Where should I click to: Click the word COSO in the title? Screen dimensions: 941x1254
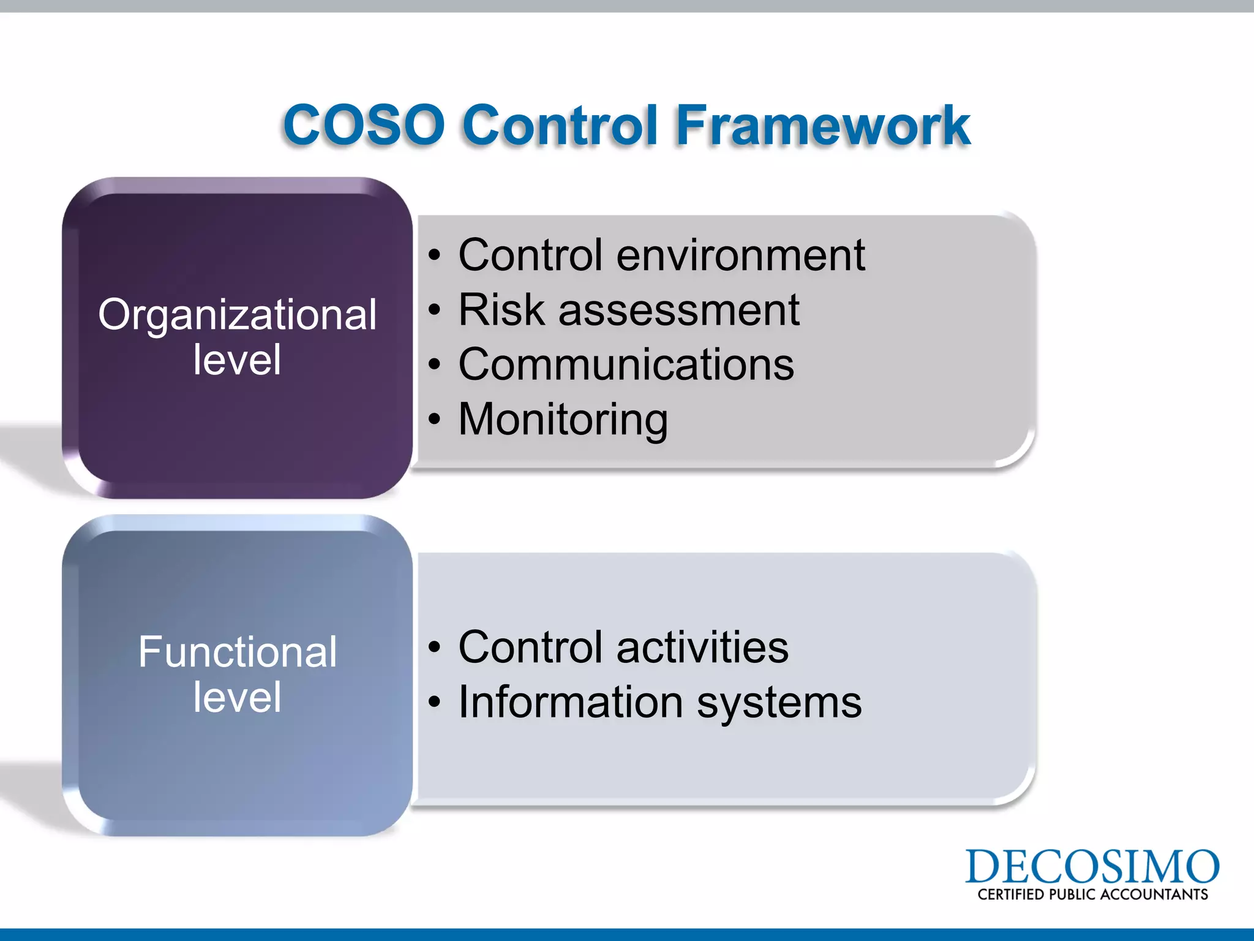pos(364,125)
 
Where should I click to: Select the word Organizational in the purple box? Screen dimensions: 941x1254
pos(237,315)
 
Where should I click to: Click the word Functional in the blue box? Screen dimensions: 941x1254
pos(237,652)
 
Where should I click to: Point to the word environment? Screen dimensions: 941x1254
pos(740,255)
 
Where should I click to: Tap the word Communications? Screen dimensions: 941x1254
pos(626,365)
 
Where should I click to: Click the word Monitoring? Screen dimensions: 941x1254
pos(563,420)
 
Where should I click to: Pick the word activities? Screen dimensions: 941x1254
pos(702,647)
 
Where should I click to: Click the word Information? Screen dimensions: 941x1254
pos(570,702)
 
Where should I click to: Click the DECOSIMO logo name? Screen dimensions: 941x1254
pos(1092,866)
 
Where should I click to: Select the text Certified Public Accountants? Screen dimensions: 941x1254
pos(1092,894)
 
